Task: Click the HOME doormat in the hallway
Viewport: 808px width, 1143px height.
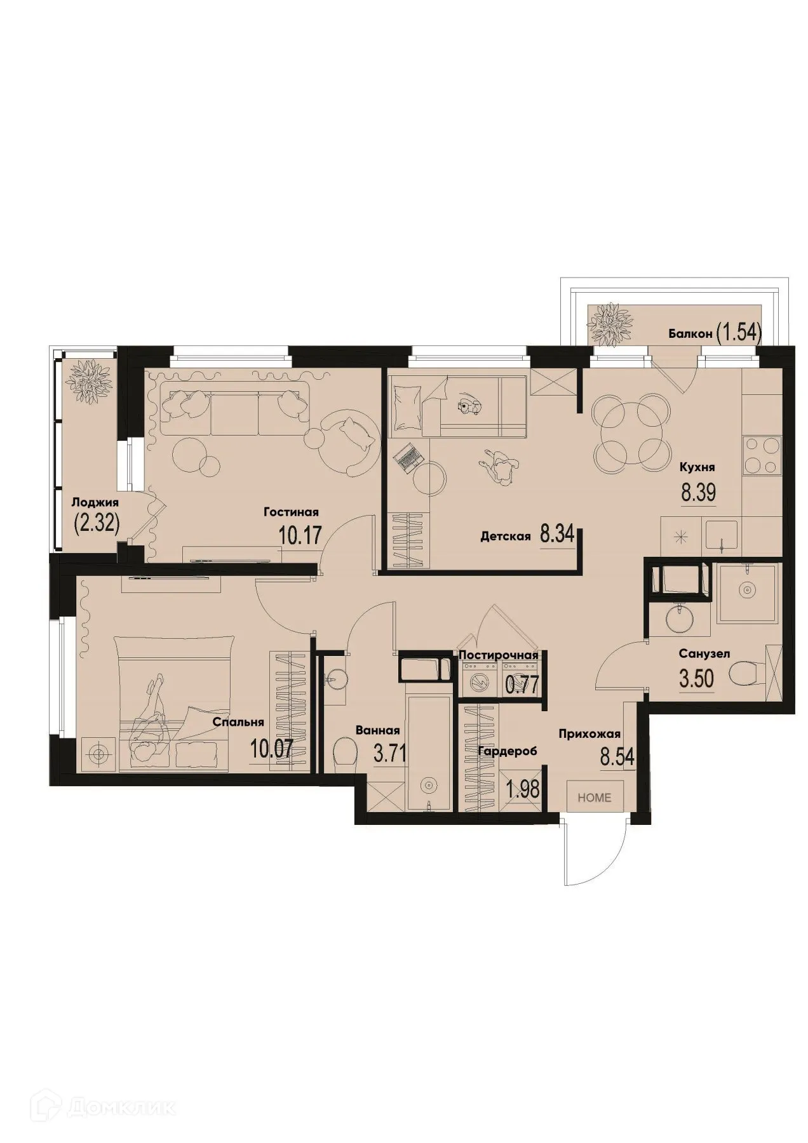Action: [x=595, y=798]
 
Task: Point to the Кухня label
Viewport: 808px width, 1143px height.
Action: [x=697, y=467]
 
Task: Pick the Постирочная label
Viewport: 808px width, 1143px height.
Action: [x=498, y=655]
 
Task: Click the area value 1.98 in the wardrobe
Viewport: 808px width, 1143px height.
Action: [x=522, y=789]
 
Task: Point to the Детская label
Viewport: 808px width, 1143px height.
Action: [x=505, y=537]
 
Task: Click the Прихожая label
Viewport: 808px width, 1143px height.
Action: [x=589, y=735]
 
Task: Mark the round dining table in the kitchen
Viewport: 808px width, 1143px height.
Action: [x=631, y=433]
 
